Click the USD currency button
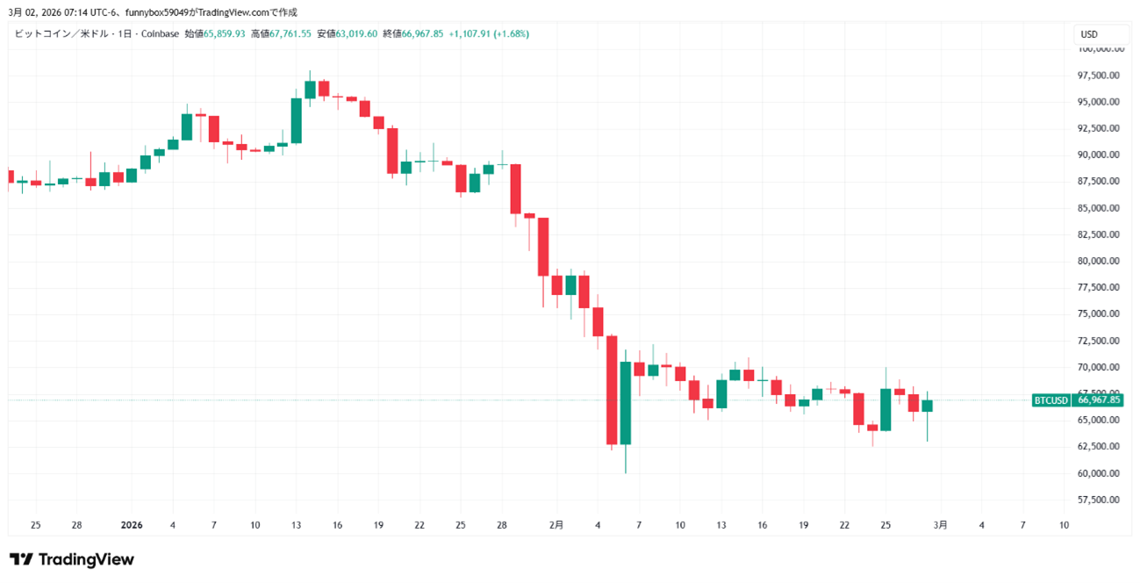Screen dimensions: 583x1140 1089,34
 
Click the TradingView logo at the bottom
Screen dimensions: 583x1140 72,559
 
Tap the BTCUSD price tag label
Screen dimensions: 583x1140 1050,400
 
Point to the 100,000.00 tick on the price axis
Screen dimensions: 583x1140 1100,49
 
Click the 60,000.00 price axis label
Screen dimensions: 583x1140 1100,473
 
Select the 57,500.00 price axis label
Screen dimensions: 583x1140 1100,500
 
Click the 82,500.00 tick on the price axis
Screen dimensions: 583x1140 1100,234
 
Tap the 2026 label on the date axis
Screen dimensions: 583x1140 131,525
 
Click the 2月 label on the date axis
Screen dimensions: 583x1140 556,525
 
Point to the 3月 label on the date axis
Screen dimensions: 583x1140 940,525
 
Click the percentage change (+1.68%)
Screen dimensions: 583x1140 511,34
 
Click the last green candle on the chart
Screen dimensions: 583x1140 927,405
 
